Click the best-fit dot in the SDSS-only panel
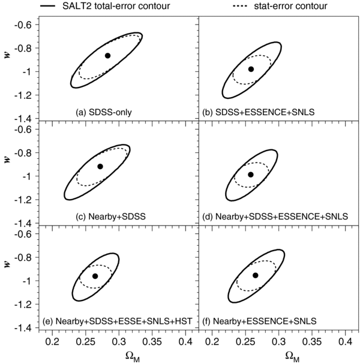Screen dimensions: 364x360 click(107, 55)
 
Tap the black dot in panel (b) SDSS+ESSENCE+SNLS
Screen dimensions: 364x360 click(251, 69)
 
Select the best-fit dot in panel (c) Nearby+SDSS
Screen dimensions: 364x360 click(100, 166)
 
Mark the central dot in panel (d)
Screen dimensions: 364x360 click(251, 174)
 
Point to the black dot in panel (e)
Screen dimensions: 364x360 click(95, 276)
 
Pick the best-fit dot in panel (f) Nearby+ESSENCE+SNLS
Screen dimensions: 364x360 click(255, 275)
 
